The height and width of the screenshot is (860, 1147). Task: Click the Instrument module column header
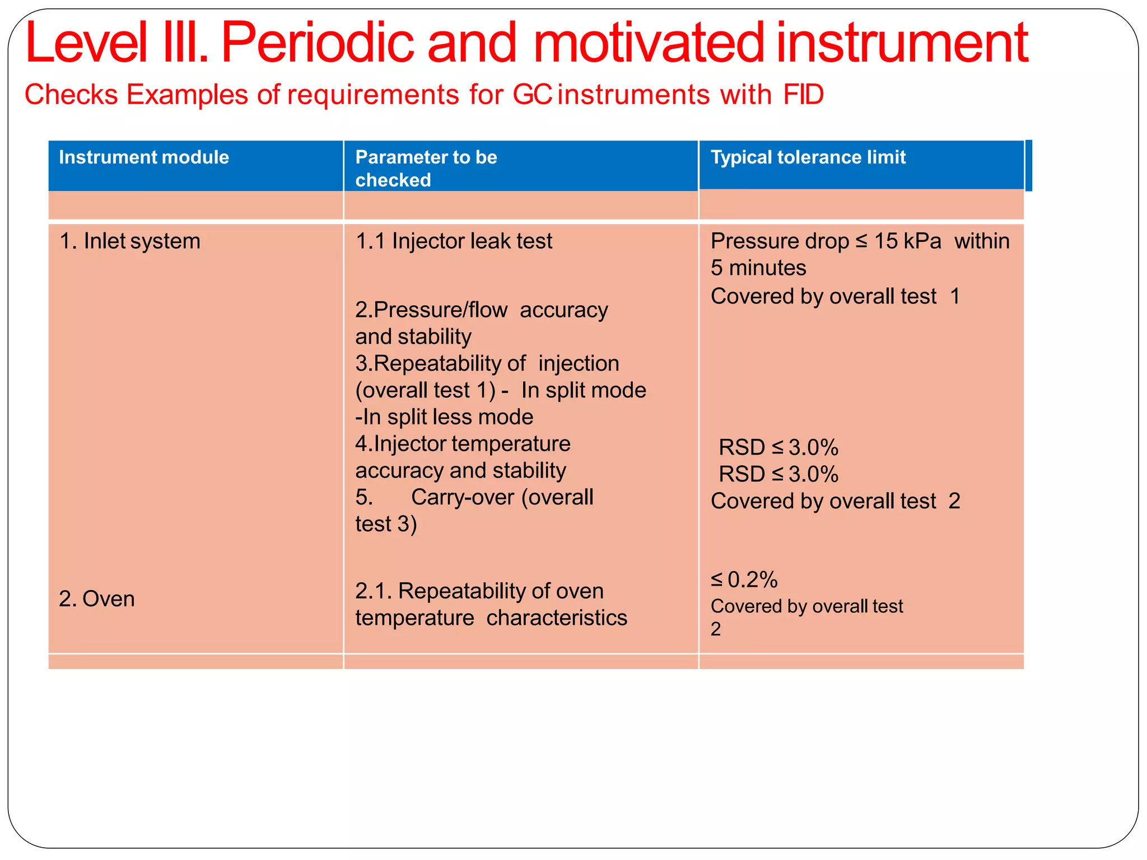coord(144,157)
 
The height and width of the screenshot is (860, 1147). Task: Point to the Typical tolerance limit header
coord(808,157)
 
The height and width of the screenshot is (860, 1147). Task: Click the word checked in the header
coord(393,180)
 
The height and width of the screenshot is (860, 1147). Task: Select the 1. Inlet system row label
coord(130,241)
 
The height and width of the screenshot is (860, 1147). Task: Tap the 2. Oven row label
coord(97,599)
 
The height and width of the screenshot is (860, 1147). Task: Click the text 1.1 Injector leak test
coord(454,241)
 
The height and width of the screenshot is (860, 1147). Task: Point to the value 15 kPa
coord(907,241)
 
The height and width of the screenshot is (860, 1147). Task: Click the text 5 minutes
coord(758,268)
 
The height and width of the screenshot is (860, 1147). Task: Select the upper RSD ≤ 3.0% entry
coord(778,447)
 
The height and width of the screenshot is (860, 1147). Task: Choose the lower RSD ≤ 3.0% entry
coord(778,474)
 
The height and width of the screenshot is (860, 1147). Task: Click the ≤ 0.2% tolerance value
coord(744,580)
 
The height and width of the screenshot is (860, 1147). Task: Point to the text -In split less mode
coord(444,417)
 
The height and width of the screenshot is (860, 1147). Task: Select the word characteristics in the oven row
coord(557,618)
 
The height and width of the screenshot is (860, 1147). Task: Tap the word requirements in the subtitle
coord(373,94)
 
